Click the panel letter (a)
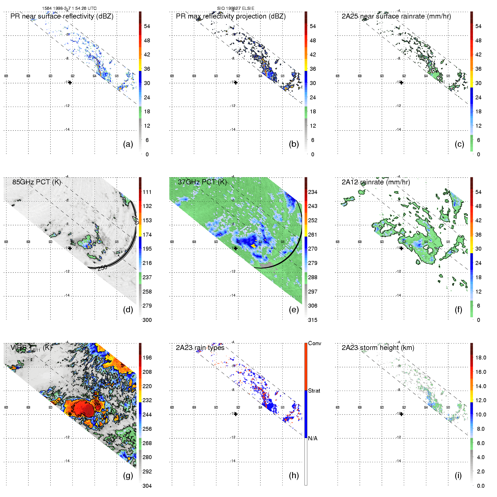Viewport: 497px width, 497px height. tap(128, 144)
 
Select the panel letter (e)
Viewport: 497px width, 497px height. tap(294, 310)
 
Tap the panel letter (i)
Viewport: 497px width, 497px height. tap(458, 475)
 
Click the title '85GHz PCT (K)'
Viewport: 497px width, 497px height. tap(36, 182)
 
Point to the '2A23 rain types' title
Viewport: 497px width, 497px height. tap(200, 348)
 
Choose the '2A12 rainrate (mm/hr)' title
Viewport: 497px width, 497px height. tap(376, 182)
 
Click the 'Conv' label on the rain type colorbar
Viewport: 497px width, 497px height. tap(315, 343)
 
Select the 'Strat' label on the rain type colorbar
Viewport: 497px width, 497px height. tap(314, 391)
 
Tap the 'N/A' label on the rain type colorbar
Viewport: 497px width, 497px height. tap(313, 438)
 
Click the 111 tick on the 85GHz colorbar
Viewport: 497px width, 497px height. tap(147, 192)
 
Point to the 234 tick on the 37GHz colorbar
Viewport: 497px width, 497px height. tap(313, 192)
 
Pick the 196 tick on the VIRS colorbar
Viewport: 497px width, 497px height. tap(147, 358)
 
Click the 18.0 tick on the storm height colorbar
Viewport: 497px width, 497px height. tap(481, 358)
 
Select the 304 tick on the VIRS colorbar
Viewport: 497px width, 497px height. tap(147, 486)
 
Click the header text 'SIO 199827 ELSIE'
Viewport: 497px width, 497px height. tap(236, 8)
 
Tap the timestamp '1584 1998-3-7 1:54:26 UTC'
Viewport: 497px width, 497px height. tap(69, 8)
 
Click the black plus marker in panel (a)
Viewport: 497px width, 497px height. tap(70, 83)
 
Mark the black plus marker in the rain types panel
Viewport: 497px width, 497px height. tap(236, 414)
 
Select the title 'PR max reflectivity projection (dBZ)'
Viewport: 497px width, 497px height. tap(231, 16)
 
